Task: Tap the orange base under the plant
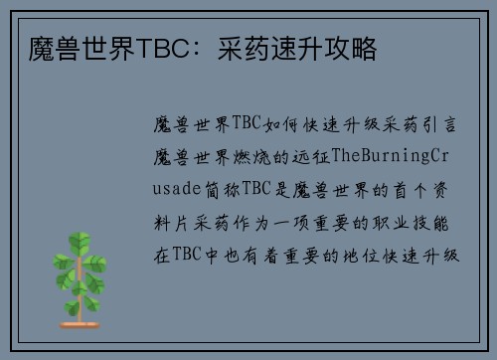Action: point(79,324)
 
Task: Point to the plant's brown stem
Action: point(79,298)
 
